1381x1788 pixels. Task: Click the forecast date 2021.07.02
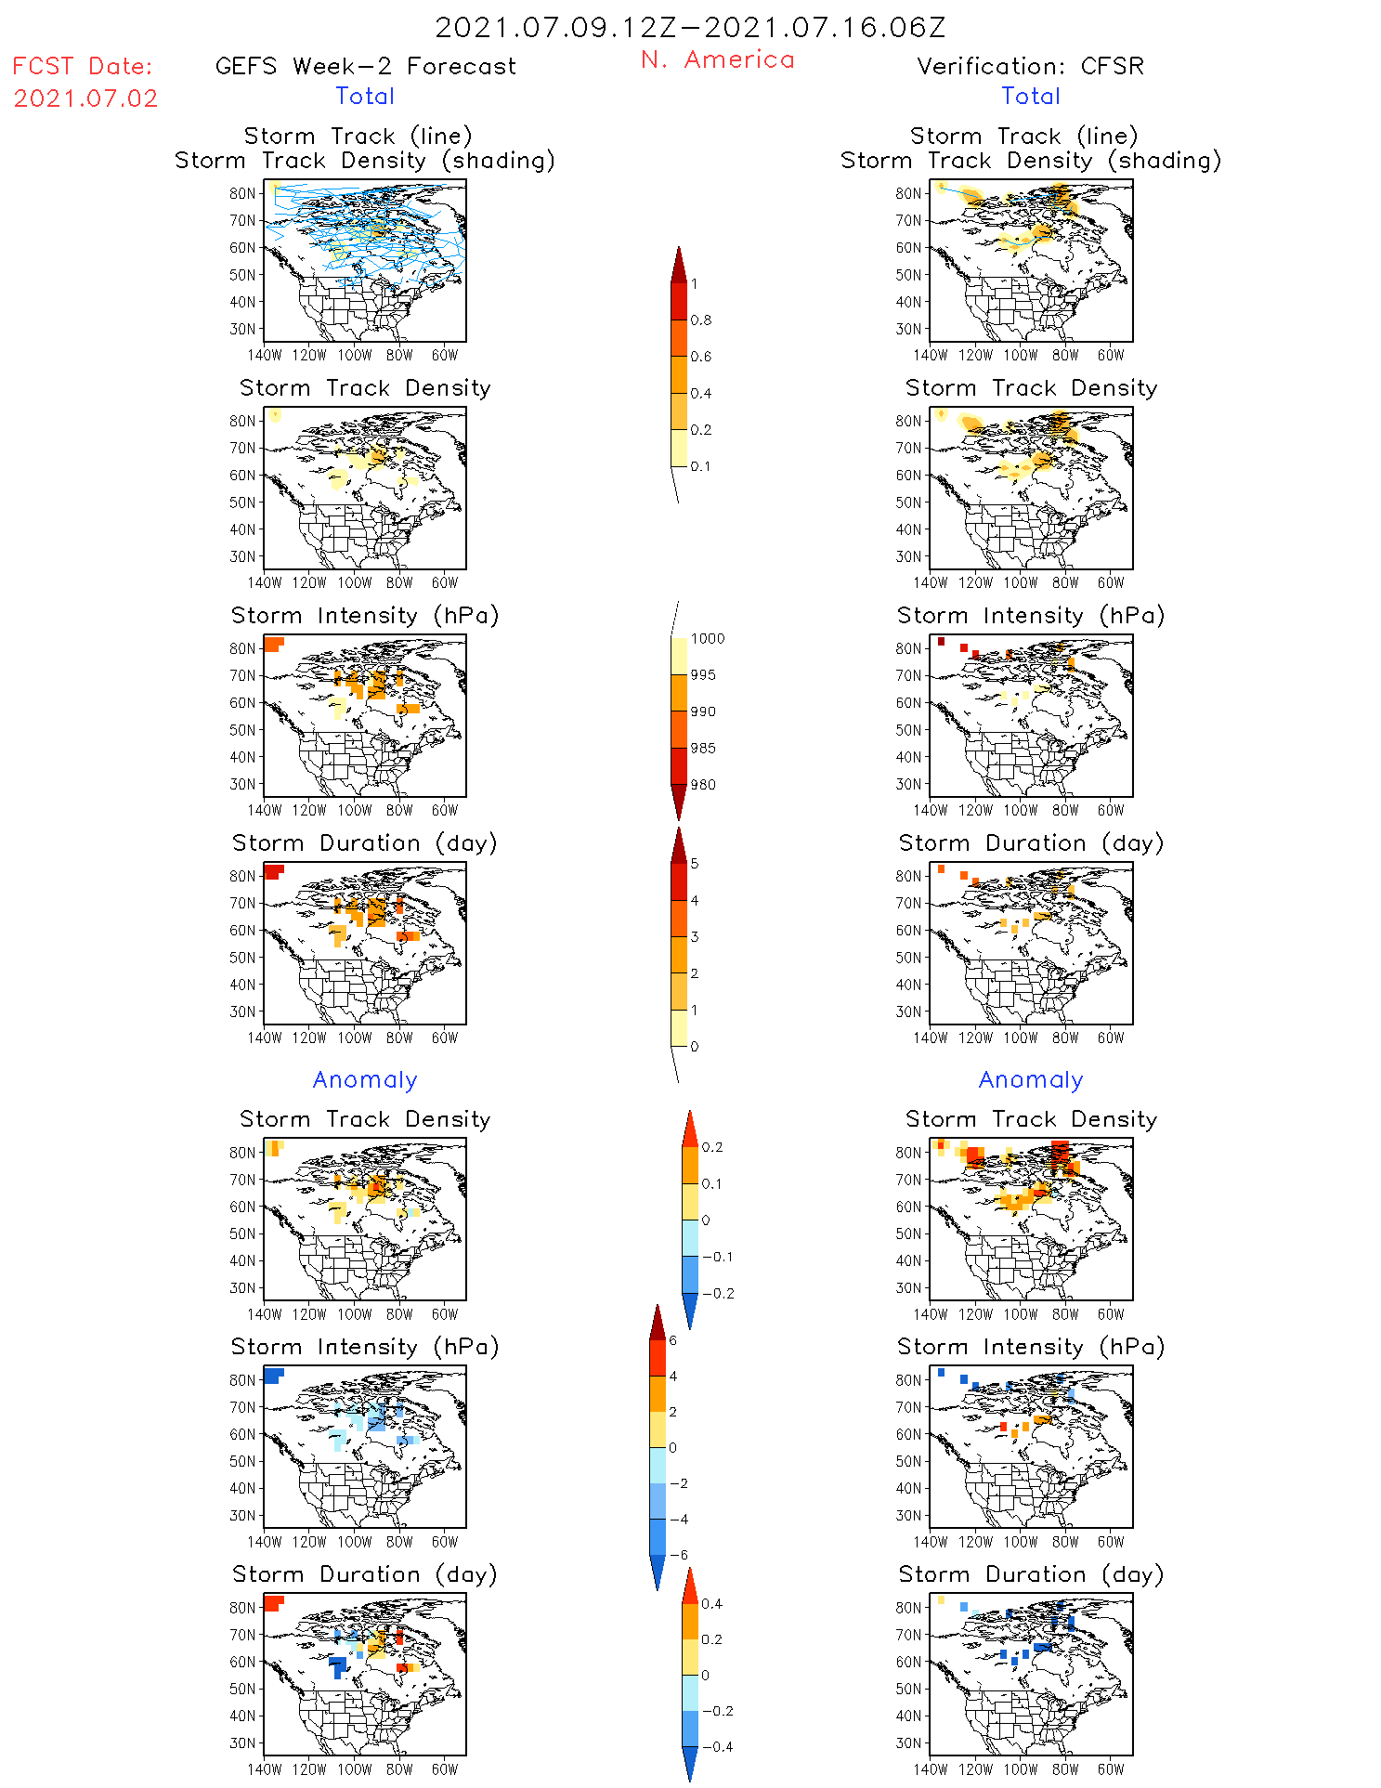85,98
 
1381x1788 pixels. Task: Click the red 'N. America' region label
717,60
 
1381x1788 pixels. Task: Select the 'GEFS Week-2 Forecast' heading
365,67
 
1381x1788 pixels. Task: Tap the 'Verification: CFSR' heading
1030,67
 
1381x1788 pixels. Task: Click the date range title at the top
690,28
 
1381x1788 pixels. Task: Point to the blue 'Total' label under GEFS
365,97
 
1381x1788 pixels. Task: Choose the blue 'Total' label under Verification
1030,97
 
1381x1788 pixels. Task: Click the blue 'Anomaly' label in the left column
365,1080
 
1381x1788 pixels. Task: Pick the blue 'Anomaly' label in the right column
1031,1080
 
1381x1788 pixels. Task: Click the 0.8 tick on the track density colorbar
701,320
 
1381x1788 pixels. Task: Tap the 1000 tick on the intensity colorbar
707,639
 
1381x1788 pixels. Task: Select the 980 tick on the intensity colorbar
703,785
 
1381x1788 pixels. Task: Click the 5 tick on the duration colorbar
695,864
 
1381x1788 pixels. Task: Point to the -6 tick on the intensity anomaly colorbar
679,1555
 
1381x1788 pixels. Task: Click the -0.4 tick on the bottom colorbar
717,1747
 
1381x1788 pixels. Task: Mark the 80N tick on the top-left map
242,193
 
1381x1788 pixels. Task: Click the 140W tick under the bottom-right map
930,1769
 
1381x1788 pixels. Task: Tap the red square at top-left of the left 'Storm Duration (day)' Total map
273,871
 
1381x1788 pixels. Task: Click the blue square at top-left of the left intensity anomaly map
273,1375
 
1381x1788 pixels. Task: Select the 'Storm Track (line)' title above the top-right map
1023,137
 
